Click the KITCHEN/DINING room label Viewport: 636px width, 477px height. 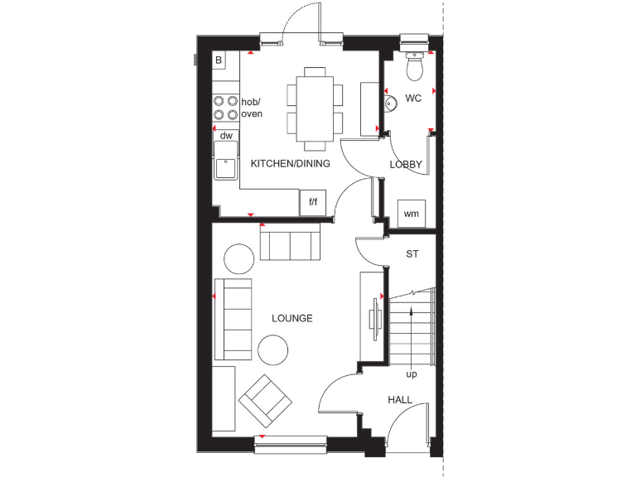click(x=290, y=164)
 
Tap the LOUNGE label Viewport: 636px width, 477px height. click(x=292, y=318)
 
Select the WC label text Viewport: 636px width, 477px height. click(x=414, y=99)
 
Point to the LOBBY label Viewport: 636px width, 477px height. click(x=406, y=165)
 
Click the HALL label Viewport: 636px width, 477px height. click(x=400, y=400)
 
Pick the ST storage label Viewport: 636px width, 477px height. click(x=412, y=254)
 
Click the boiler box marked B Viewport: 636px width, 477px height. click(x=219, y=60)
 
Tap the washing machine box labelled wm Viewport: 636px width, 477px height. click(x=412, y=214)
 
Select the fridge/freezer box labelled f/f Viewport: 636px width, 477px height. click(x=313, y=202)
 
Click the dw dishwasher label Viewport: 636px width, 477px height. click(x=225, y=134)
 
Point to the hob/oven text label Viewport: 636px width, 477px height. click(x=251, y=108)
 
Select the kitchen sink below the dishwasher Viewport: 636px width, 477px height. click(x=224, y=161)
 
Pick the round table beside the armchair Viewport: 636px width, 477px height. click(x=272, y=349)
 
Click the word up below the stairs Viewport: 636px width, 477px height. click(x=411, y=374)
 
